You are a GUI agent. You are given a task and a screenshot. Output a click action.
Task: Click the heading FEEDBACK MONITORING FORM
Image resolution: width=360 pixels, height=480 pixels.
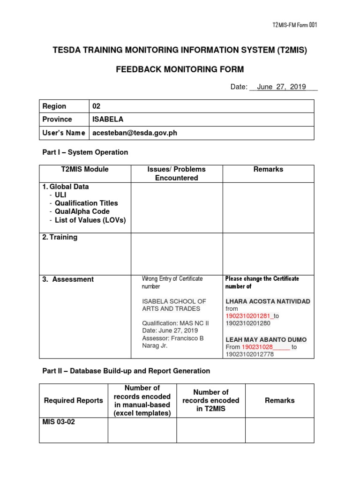(x=180, y=69)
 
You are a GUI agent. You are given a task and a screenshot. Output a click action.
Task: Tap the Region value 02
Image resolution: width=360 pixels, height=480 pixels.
(x=96, y=106)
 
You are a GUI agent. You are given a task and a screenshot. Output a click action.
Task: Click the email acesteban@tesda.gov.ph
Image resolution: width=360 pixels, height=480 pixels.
(x=135, y=133)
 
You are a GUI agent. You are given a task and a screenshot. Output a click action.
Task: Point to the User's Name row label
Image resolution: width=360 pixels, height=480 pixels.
(x=64, y=133)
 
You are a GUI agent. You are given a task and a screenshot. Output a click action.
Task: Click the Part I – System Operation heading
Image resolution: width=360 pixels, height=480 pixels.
(x=85, y=152)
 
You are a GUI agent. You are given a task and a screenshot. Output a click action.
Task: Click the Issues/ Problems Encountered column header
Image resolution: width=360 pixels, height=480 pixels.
(x=176, y=173)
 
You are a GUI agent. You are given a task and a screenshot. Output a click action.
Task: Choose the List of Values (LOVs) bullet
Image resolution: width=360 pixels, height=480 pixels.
(x=90, y=220)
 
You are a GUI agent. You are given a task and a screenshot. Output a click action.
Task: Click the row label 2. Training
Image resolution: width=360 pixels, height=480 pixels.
(x=60, y=237)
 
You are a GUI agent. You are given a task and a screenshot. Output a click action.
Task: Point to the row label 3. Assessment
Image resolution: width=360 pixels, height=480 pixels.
(x=68, y=279)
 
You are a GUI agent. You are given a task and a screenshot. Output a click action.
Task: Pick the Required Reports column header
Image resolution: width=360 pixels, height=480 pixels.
(x=73, y=400)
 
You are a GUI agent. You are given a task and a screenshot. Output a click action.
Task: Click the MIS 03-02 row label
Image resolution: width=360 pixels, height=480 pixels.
(x=59, y=422)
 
